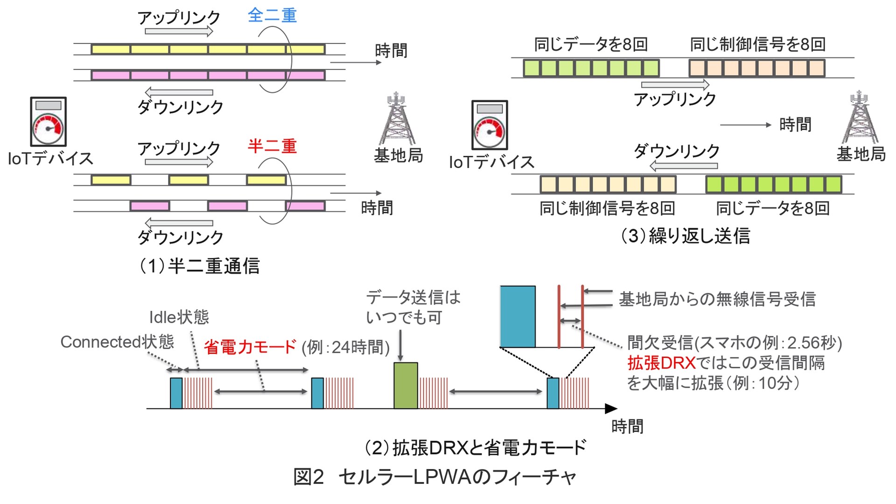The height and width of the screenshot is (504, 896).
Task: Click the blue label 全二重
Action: pos(272,15)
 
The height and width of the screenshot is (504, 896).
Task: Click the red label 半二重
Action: pos(272,146)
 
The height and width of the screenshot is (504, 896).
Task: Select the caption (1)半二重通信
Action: pos(200,266)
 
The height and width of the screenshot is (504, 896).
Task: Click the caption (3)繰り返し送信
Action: pos(685,236)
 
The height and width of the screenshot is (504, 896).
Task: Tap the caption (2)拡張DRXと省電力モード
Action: pos(475,448)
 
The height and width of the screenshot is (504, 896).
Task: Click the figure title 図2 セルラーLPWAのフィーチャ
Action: pos(434,477)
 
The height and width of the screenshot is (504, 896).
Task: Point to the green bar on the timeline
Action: pos(406,385)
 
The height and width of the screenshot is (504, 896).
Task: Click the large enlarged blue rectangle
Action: pos(518,316)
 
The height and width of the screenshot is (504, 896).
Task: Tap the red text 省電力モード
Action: pos(250,347)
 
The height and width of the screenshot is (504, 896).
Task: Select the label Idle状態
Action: pos(179,317)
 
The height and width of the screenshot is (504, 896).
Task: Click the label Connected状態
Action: pos(117,342)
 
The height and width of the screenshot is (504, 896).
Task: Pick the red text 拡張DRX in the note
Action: pos(661,363)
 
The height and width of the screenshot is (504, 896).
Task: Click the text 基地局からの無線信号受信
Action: pos(717,299)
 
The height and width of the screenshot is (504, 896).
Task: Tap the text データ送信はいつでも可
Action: pos(413,307)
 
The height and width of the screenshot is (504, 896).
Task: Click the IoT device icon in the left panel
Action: pos(48,122)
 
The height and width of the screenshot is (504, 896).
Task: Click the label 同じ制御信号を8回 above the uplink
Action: pos(757,44)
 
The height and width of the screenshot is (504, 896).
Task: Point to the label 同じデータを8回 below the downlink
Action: pos(773,208)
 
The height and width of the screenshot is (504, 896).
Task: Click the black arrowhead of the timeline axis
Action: pos(611,409)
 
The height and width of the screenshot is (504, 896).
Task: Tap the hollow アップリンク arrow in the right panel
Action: pos(675,85)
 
